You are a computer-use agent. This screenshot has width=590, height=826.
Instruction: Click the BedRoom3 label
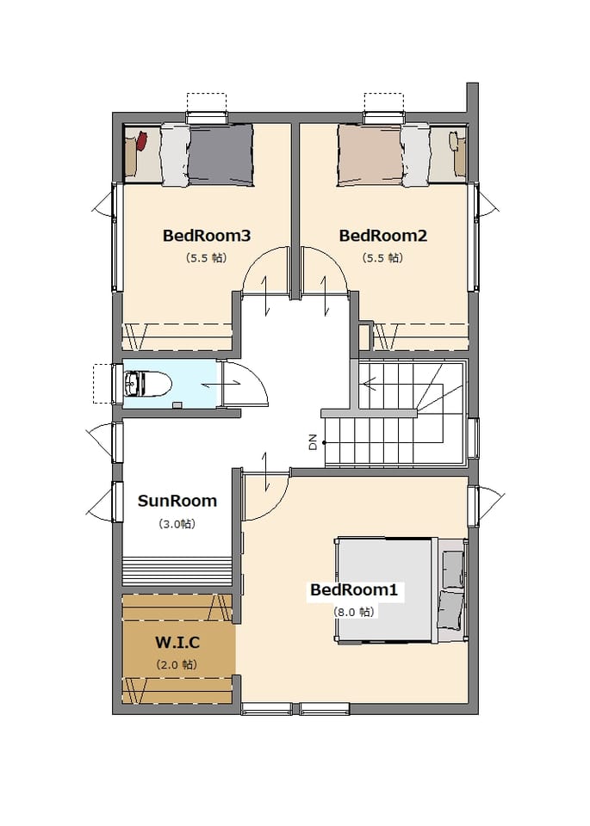click(206, 236)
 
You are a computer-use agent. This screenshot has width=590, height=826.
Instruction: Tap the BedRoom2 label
click(382, 236)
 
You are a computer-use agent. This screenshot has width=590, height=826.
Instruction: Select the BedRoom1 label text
click(353, 589)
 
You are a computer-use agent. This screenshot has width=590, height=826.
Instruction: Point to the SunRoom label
click(177, 501)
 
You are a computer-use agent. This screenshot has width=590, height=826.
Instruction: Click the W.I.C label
click(177, 642)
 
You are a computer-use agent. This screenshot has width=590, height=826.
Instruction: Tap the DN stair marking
click(313, 441)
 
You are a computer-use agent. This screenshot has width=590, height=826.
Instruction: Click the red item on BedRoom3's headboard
click(141, 141)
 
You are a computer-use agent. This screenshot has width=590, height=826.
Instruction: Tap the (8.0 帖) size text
click(353, 612)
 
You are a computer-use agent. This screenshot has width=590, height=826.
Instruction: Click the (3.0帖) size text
click(177, 524)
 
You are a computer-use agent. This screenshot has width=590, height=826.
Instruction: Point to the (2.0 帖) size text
click(177, 664)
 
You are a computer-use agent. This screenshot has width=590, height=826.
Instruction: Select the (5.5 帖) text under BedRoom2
click(382, 257)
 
